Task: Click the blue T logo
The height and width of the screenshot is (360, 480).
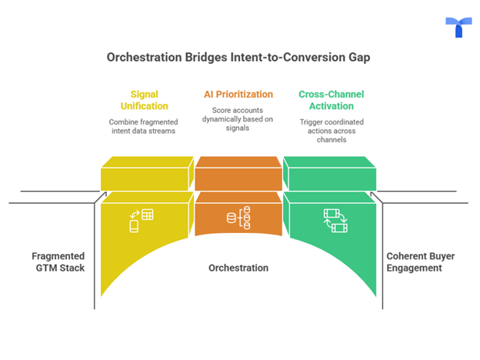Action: point(458,27)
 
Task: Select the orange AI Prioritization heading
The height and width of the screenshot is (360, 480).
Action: point(238,94)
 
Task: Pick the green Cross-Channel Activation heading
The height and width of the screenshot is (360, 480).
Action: point(332,100)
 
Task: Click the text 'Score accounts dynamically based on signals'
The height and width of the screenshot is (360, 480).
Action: point(238,121)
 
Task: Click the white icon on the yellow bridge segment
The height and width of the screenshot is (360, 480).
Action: point(141,220)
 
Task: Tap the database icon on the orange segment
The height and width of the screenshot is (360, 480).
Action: point(238,218)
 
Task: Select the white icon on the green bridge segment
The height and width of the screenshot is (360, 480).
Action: point(335,220)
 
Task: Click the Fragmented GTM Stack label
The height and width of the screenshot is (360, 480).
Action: point(58,262)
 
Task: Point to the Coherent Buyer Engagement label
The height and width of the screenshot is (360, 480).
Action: point(419,262)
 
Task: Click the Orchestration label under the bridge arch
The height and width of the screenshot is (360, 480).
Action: point(238,268)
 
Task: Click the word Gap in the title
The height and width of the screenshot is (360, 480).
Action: point(362,57)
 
